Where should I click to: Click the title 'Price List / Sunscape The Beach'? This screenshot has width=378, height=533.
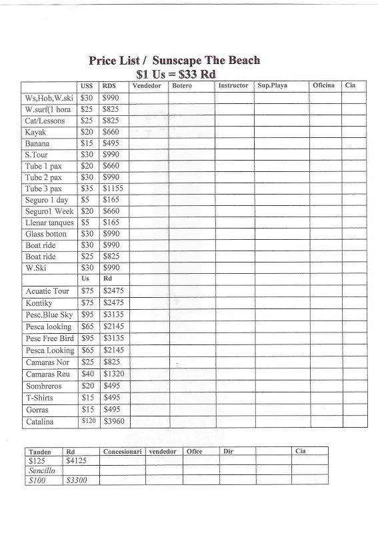174,61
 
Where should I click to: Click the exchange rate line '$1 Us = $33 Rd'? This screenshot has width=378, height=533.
175,74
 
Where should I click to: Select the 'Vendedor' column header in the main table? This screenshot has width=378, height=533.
147,86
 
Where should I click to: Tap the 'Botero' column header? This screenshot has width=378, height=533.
182,86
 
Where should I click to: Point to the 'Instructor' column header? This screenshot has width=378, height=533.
233,86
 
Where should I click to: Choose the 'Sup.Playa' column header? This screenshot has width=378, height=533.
272,86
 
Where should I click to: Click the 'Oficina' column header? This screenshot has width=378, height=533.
323,86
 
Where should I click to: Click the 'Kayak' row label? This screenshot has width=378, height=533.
35,132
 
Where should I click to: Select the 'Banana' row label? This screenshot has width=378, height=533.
37,143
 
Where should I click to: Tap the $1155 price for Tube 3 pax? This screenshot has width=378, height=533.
113,189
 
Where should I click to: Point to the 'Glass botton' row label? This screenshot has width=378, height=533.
46,234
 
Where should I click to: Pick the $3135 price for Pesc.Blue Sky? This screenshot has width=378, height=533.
113,314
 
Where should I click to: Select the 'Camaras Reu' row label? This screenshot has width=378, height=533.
47,374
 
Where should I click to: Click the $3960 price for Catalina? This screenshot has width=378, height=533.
113,422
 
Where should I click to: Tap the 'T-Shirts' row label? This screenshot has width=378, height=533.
41,398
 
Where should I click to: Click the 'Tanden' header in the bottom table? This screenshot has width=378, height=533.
41,452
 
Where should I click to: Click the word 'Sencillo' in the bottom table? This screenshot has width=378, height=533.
42,470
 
